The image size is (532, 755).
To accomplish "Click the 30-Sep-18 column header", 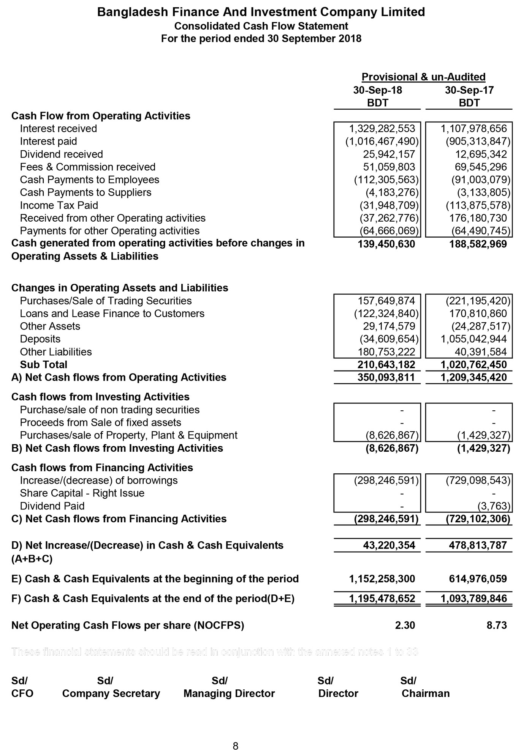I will click(377, 90).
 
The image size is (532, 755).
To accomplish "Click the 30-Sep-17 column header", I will click(469, 90).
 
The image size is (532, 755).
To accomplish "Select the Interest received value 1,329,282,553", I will click(382, 129).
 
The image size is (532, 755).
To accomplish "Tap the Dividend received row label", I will click(61, 154).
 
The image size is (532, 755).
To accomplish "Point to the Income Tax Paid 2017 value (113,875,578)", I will click(478, 205).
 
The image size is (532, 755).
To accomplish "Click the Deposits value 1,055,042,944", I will click(473, 339).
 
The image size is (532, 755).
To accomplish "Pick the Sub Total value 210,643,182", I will click(386, 365).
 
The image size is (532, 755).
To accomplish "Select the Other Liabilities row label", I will click(56, 352).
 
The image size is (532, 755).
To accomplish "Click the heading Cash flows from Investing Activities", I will click(100, 397).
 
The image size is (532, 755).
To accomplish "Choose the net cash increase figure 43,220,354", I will click(389, 545).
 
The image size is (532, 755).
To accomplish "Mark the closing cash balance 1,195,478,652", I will click(382, 599).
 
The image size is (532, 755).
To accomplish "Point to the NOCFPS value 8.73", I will click(497, 625).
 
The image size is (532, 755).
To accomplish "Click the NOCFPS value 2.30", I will click(405, 625).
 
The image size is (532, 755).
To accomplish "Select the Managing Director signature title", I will click(229, 694).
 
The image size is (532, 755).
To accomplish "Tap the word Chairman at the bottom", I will click(426, 694).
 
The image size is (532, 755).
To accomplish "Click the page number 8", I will click(236, 746).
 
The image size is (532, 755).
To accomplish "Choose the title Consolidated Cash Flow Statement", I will click(261, 26).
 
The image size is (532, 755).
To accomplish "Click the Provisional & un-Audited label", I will click(423, 77).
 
